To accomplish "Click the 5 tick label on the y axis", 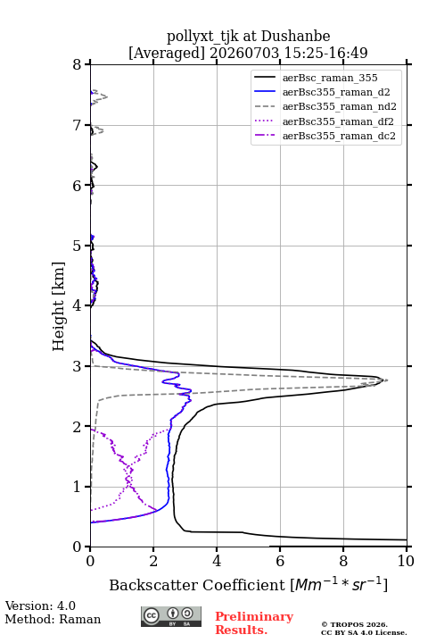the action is click(78, 246).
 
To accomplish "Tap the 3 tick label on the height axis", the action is click(78, 366).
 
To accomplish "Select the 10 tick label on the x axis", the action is click(406, 561).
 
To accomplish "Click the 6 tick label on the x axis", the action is click(280, 561).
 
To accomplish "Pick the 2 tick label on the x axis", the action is click(153, 561).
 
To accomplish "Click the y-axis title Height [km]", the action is click(59, 306).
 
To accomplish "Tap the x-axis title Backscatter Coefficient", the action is click(197, 585).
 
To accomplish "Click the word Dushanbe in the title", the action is click(295, 37).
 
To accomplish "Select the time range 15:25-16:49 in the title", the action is click(325, 53).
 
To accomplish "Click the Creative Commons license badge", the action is click(171, 616).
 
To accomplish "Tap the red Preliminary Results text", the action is click(254, 623).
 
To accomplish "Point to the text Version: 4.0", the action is click(40, 605).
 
